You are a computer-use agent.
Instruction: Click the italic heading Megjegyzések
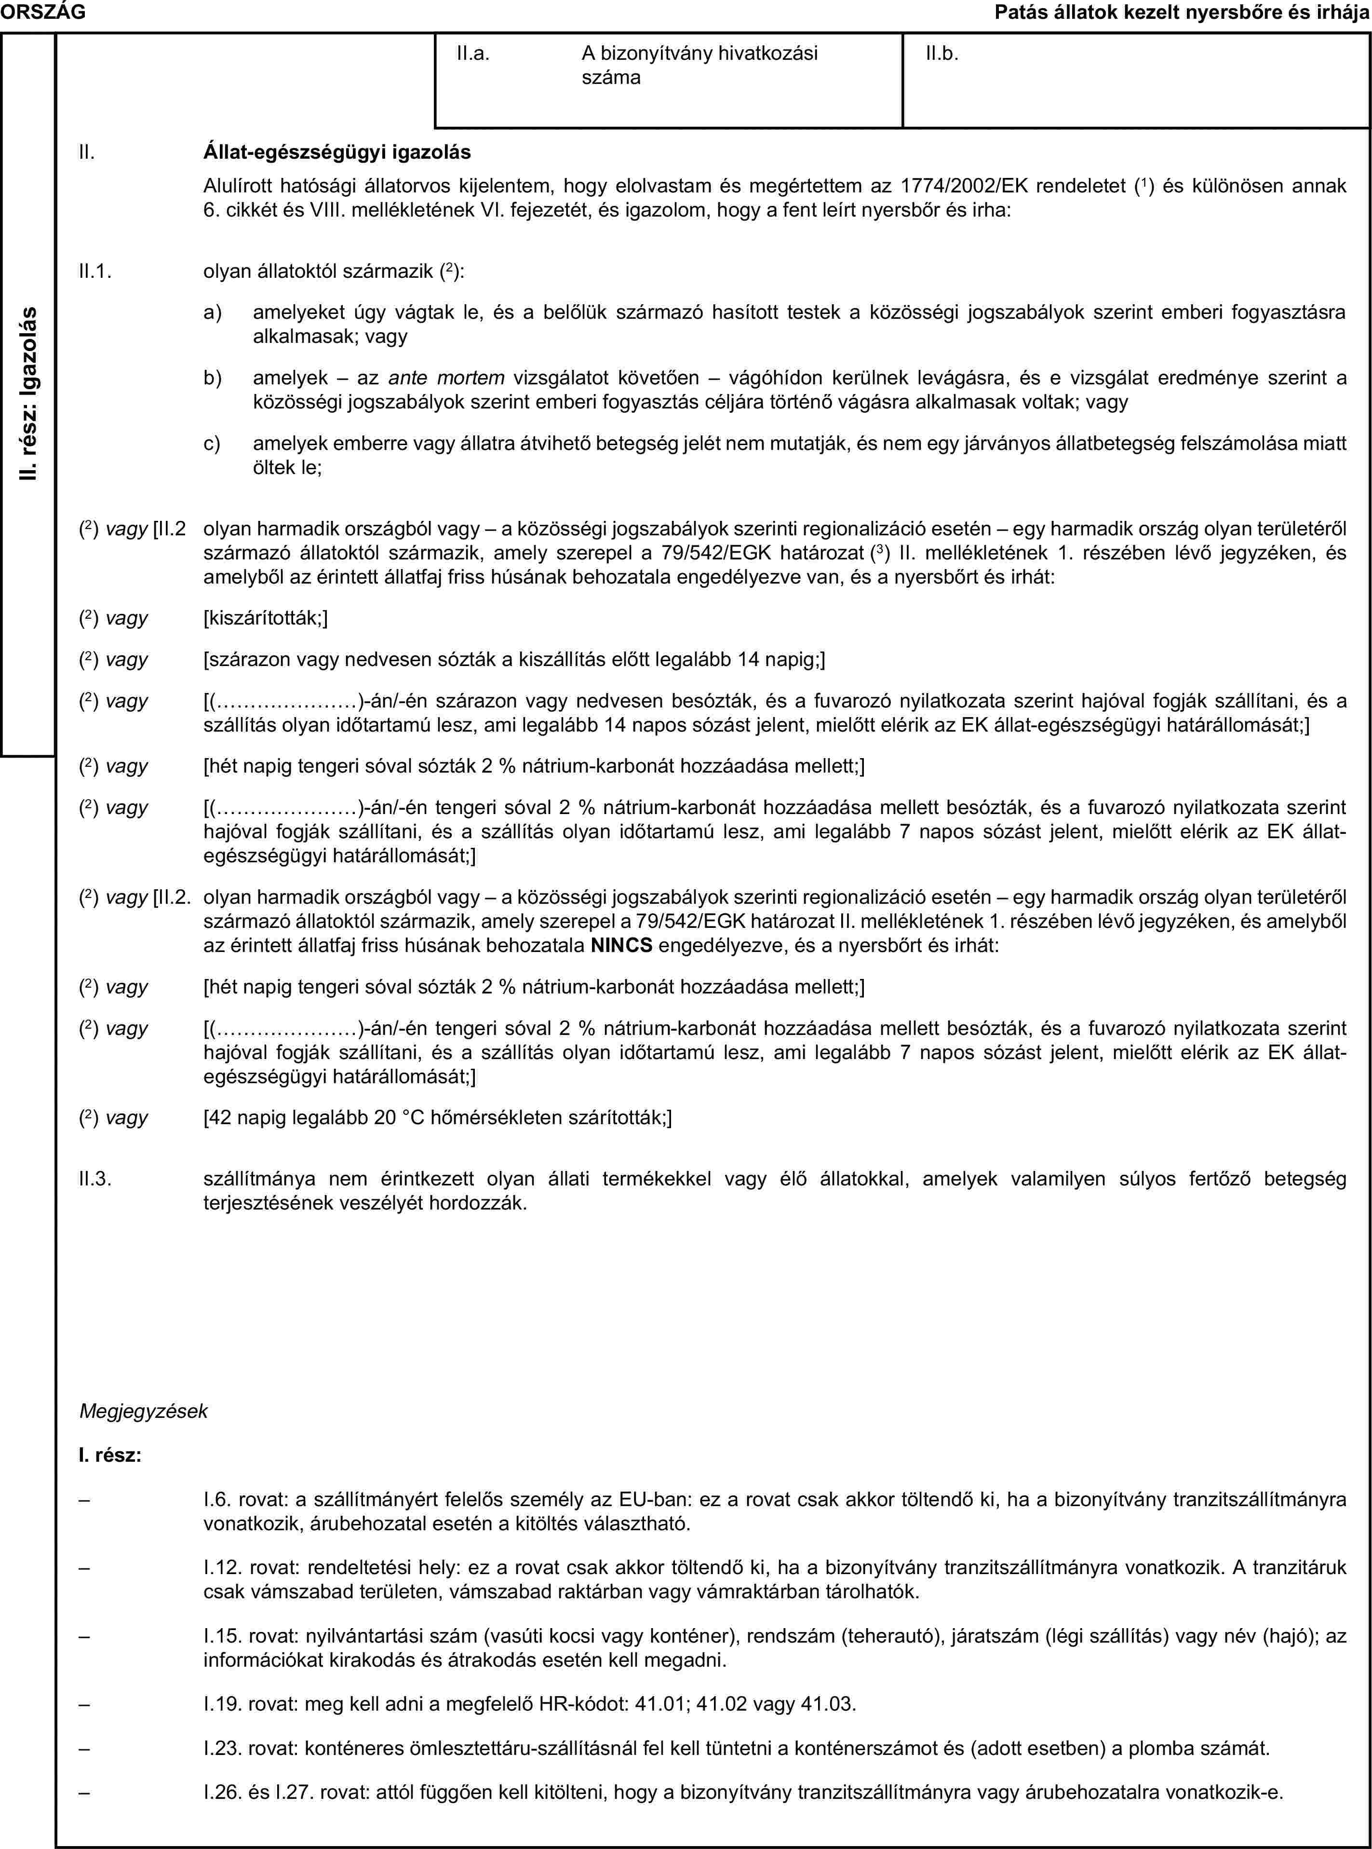pos(143,1411)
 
